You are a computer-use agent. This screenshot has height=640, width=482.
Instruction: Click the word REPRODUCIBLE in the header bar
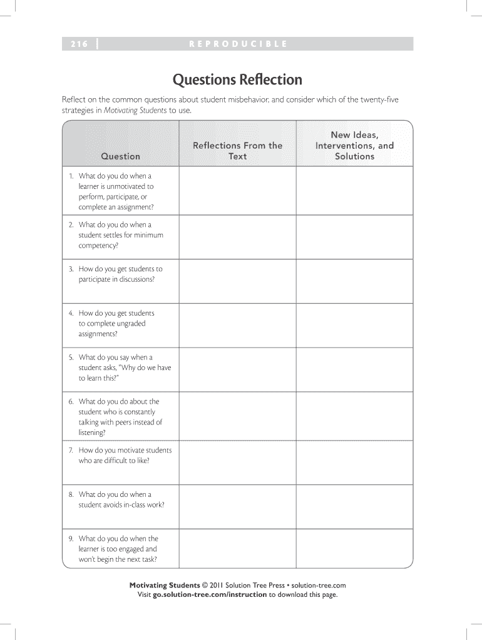(x=237, y=44)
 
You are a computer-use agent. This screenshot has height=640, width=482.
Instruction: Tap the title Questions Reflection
(x=237, y=80)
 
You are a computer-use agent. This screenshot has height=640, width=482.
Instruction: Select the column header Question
(x=120, y=156)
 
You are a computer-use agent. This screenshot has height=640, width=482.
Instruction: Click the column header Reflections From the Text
(x=237, y=151)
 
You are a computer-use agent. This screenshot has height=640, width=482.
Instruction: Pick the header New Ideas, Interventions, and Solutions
(x=354, y=146)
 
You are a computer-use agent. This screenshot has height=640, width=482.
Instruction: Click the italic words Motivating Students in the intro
(x=135, y=110)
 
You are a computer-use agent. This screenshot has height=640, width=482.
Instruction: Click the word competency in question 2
(x=97, y=246)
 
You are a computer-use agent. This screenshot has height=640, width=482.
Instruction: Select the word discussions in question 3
(x=135, y=279)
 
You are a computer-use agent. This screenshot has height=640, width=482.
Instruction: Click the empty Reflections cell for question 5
(x=237, y=369)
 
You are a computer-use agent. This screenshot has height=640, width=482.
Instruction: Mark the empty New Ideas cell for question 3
(x=354, y=281)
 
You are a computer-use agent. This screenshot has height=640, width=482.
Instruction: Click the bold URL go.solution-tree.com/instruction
(x=210, y=594)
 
